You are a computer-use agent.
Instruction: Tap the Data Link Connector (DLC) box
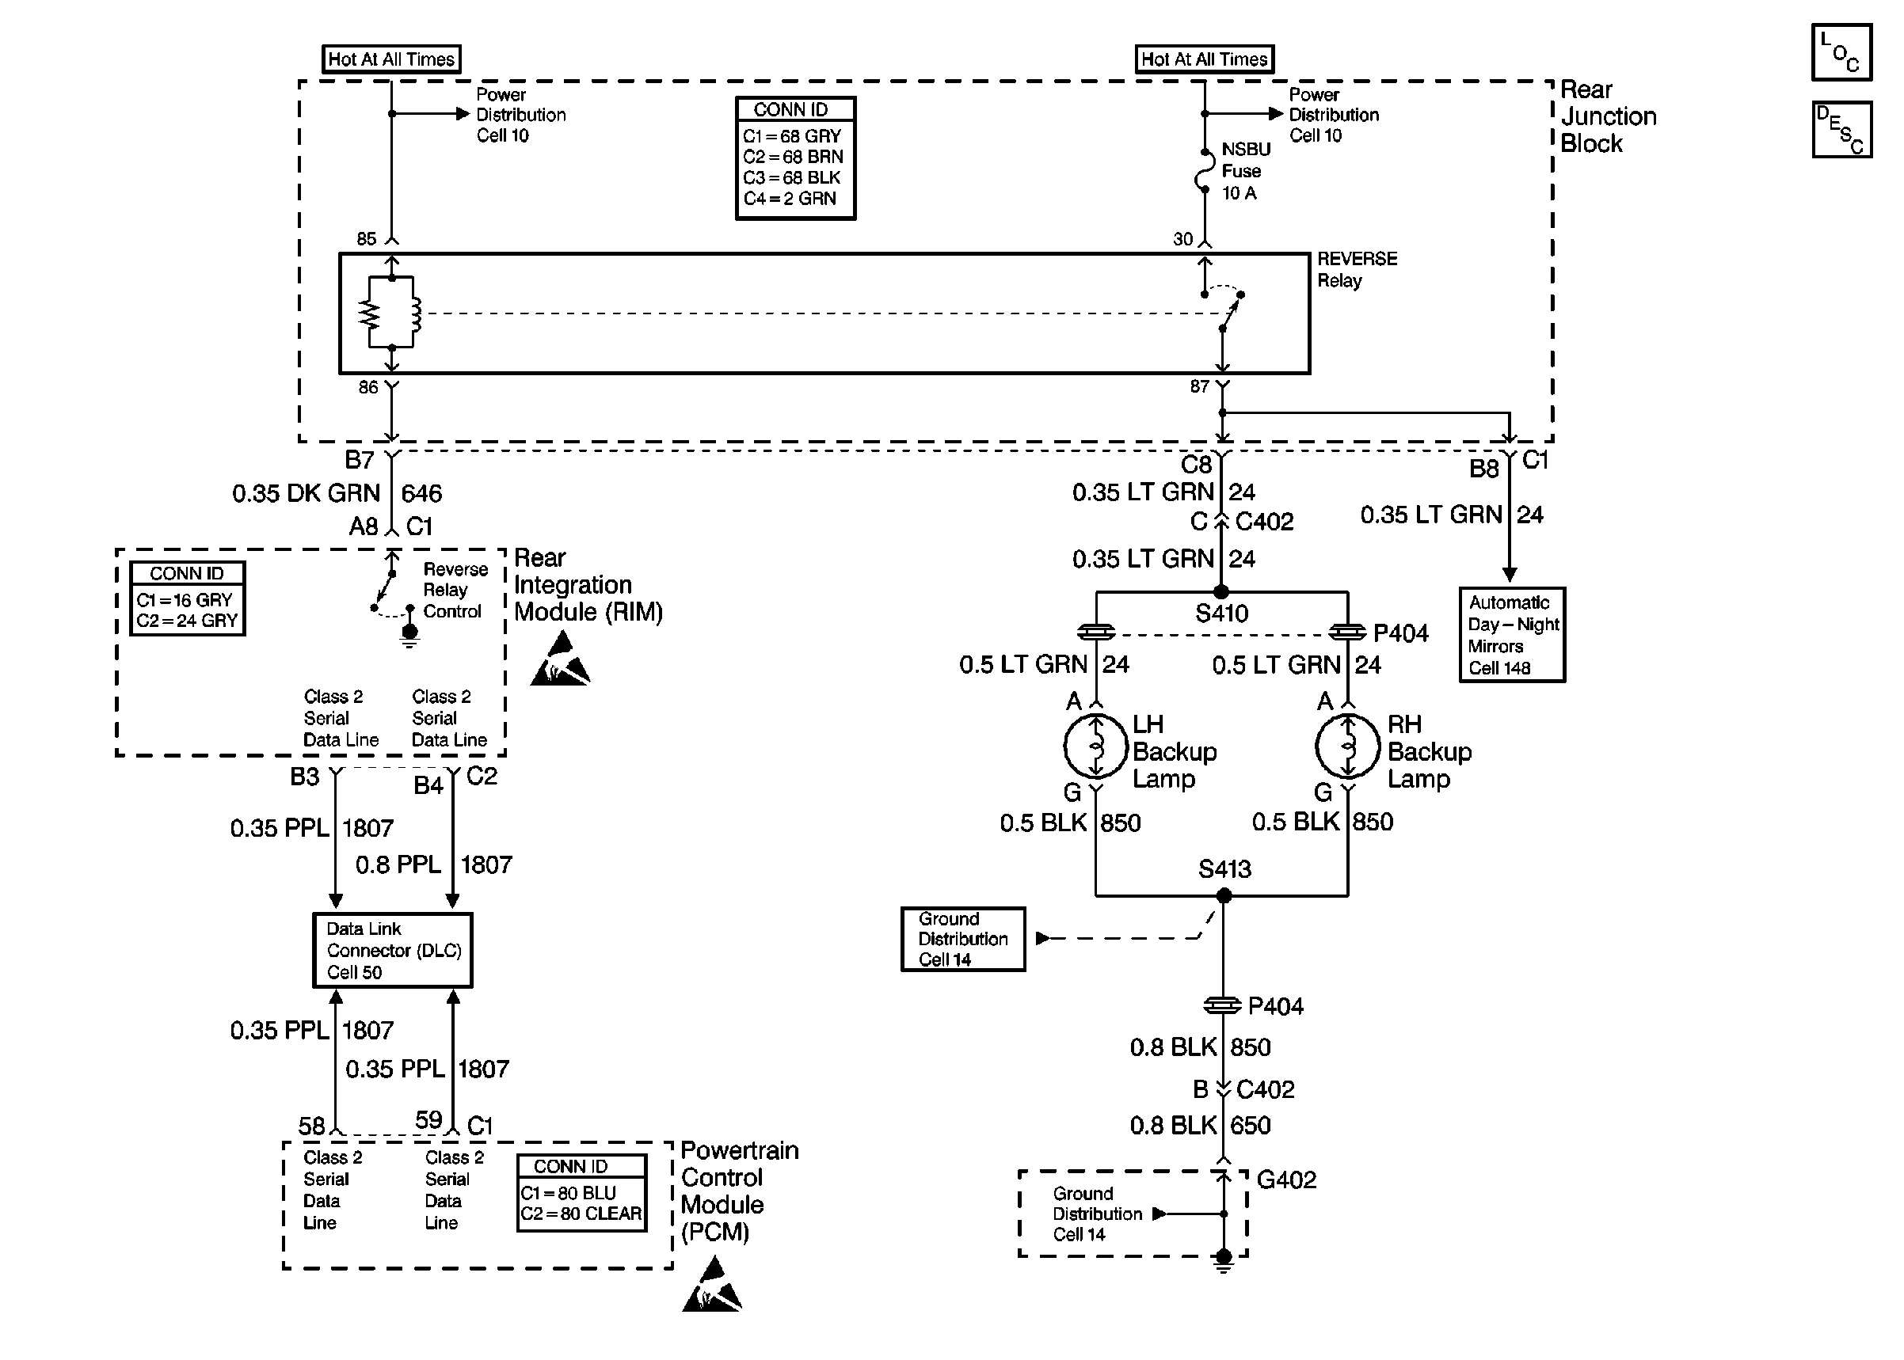click(x=392, y=950)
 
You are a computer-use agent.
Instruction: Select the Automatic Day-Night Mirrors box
click(x=1512, y=635)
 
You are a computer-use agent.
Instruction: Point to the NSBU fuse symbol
click(x=1205, y=172)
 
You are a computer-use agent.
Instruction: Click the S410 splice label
click(x=1221, y=614)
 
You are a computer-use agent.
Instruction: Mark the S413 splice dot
click(x=1224, y=896)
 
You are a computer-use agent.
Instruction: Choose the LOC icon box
click(x=1841, y=52)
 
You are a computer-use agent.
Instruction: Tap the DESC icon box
click(x=1841, y=130)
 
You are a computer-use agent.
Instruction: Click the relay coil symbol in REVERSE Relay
click(x=413, y=313)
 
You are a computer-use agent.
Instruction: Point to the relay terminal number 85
click(x=366, y=238)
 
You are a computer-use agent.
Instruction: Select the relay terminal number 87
click(x=1200, y=386)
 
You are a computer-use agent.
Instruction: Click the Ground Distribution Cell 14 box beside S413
click(x=962, y=940)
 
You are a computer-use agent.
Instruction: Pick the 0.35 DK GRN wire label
click(x=306, y=493)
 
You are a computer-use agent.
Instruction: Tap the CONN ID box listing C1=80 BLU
click(x=581, y=1192)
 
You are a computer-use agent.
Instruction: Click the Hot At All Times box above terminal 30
click(x=1204, y=59)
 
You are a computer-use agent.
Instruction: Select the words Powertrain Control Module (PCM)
click(x=739, y=1190)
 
